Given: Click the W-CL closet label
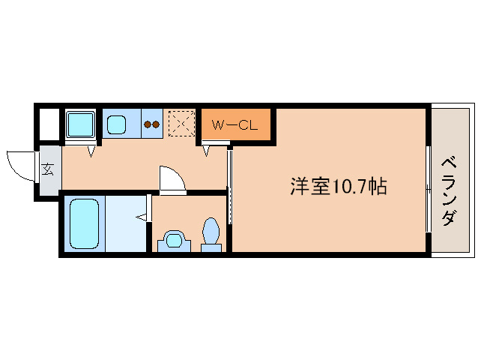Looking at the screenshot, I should (235, 125).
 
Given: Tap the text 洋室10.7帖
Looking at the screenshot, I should (339, 187).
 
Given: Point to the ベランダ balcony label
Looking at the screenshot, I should (449, 190).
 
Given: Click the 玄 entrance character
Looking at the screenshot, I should (48, 169).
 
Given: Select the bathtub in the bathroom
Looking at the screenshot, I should (84, 223).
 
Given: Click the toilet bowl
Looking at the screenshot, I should (211, 230).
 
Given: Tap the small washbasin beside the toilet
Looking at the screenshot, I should (175, 241).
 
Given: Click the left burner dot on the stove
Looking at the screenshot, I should (148, 125).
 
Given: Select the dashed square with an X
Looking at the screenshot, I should (181, 124).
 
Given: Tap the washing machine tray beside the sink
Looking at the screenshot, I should (79, 124).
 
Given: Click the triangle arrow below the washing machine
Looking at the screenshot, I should (91, 151).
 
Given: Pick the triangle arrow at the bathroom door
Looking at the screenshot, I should (141, 218).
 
